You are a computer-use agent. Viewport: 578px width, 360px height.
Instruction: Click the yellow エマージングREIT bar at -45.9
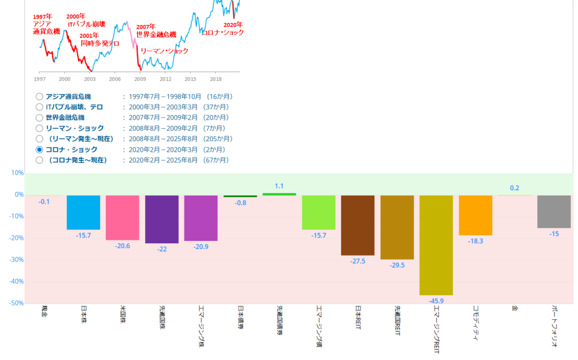point(436,245)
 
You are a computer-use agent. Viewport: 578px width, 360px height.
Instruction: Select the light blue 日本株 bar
point(84,212)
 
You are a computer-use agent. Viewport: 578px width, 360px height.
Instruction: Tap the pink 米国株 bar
point(122,217)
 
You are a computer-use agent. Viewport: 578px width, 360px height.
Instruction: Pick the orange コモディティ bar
point(475,215)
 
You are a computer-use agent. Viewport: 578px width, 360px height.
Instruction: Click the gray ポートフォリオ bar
point(554,212)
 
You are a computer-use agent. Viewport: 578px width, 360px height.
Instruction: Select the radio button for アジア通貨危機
point(40,96)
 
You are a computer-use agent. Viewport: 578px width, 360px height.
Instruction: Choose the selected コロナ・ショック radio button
point(40,150)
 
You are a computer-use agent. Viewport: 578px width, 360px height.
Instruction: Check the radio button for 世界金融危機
point(40,118)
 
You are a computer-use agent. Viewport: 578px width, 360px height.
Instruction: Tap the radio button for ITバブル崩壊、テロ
point(40,107)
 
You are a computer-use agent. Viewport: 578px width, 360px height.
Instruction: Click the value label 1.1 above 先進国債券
point(279,186)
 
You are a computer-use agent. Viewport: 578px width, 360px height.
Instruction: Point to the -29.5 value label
point(397,265)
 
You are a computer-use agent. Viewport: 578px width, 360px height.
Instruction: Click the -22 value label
point(161,249)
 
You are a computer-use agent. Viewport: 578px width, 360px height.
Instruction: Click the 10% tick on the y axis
point(17,173)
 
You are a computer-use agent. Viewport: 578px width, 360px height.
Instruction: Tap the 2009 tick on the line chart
point(140,79)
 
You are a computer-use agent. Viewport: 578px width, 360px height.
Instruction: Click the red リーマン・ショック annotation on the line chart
point(164,51)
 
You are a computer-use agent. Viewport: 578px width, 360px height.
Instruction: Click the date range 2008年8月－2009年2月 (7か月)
point(177,129)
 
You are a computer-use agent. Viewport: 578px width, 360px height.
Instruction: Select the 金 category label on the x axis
point(514,309)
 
